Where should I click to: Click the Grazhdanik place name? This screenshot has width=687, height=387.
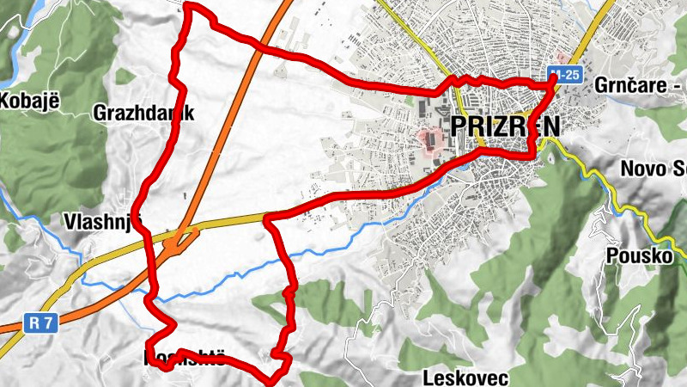click(x=145, y=113)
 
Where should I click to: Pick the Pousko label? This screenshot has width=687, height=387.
click(x=636, y=255)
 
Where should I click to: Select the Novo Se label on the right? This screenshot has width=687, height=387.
click(x=656, y=168)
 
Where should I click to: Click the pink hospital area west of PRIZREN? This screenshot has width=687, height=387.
click(x=428, y=138)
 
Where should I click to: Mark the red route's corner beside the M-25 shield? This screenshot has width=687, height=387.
click(x=550, y=83)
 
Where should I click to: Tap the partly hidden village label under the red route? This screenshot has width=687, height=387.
click(x=185, y=359)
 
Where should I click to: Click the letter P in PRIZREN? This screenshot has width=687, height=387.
click(x=458, y=126)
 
